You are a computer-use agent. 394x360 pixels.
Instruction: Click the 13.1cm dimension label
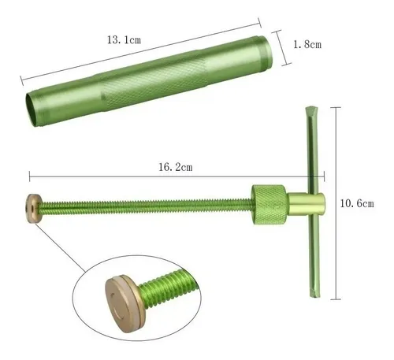(x=124, y=40)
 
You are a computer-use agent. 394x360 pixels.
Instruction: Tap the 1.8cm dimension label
(x=307, y=44)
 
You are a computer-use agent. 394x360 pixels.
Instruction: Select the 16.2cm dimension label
(x=176, y=167)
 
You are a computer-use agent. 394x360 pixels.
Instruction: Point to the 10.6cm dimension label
(x=357, y=203)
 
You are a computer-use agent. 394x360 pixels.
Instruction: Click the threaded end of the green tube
(x=263, y=51)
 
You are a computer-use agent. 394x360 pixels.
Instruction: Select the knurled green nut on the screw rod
(x=269, y=205)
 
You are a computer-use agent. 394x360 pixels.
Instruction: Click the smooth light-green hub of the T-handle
(x=307, y=204)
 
